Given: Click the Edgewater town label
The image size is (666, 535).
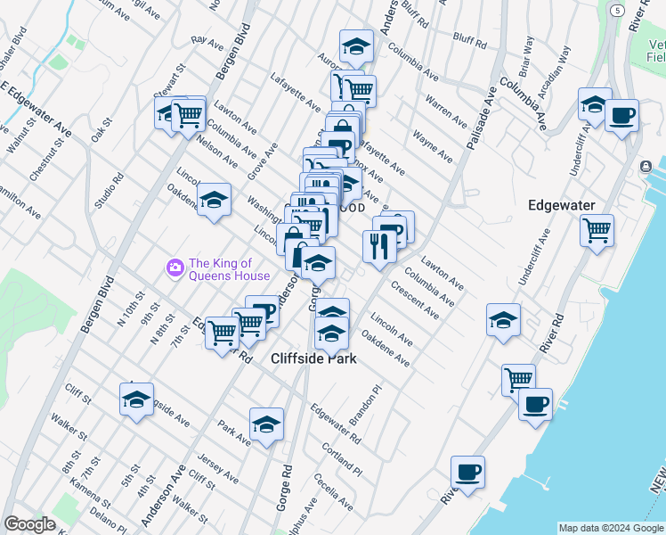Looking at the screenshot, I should [x=561, y=205].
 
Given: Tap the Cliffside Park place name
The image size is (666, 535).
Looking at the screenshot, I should [x=313, y=358].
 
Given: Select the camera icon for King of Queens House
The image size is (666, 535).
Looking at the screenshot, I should [x=175, y=267].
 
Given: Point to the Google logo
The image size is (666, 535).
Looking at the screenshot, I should [x=29, y=523].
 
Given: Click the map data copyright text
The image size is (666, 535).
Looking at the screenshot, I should [x=612, y=528].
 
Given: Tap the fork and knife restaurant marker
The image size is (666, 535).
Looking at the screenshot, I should [x=379, y=246].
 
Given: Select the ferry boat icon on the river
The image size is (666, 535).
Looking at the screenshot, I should [x=646, y=167].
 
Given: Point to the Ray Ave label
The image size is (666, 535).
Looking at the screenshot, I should [x=207, y=41].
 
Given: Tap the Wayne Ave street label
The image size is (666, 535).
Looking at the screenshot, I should [x=432, y=148].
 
